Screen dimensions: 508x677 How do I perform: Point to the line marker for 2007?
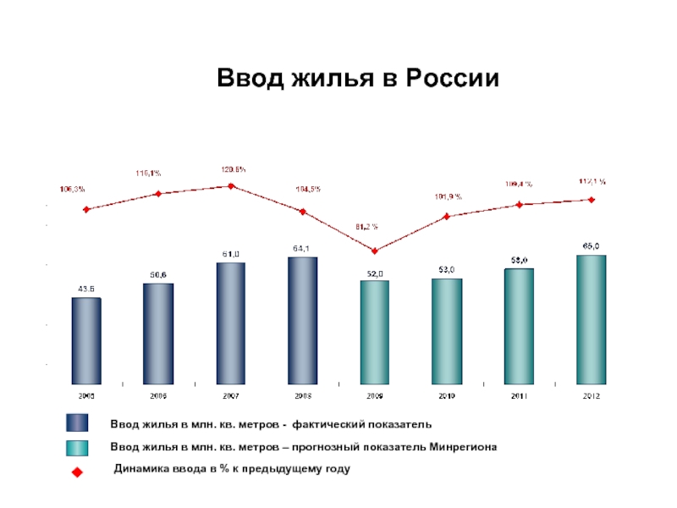pyautogui.click(x=230, y=185)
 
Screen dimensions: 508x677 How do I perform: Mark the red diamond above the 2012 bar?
pyautogui.click(x=591, y=200)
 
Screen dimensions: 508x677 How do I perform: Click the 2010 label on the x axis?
pyautogui.click(x=447, y=395)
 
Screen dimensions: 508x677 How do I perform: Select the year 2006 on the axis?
pyautogui.click(x=158, y=395)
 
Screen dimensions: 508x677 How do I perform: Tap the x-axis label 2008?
pyautogui.click(x=302, y=395)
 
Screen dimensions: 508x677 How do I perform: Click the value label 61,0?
pyautogui.click(x=231, y=254)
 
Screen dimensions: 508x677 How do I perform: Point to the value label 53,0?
pyautogui.click(x=447, y=269)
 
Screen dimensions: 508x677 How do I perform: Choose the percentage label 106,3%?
pyautogui.click(x=72, y=189)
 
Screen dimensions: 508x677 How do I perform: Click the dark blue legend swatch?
pyautogui.click(x=77, y=423)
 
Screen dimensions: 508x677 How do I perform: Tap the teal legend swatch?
pyautogui.click(x=77, y=446)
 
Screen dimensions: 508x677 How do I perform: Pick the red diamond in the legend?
pyautogui.click(x=77, y=471)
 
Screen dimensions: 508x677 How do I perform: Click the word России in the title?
pyautogui.click(x=452, y=78)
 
